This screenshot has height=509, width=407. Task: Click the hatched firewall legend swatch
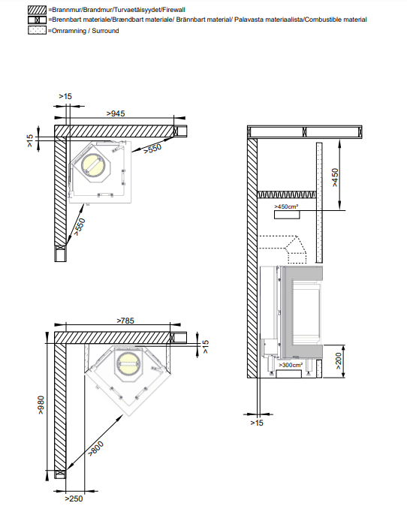[x=37, y=10]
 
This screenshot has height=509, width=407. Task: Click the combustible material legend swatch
[x=37, y=20]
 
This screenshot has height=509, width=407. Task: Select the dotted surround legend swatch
[x=37, y=31]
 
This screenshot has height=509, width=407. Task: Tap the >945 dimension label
[x=116, y=113]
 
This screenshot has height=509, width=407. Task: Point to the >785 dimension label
[x=125, y=321]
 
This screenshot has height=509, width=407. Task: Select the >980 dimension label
[x=41, y=405]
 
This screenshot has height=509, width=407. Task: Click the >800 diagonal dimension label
[x=96, y=448]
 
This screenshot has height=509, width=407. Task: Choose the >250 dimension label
[x=74, y=498]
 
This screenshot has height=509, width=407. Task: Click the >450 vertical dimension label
[x=335, y=177]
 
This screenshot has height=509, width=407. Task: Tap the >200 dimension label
[x=338, y=360]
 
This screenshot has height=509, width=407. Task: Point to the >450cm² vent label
[x=286, y=206]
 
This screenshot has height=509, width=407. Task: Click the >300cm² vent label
[x=291, y=365]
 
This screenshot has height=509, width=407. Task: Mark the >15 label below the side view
[x=257, y=423]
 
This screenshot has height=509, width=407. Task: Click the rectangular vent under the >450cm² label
[x=287, y=215]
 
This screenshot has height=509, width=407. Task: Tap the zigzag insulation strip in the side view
[x=287, y=194]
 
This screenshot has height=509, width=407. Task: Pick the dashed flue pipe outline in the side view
[x=282, y=249]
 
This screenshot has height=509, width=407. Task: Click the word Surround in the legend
[x=105, y=31]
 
